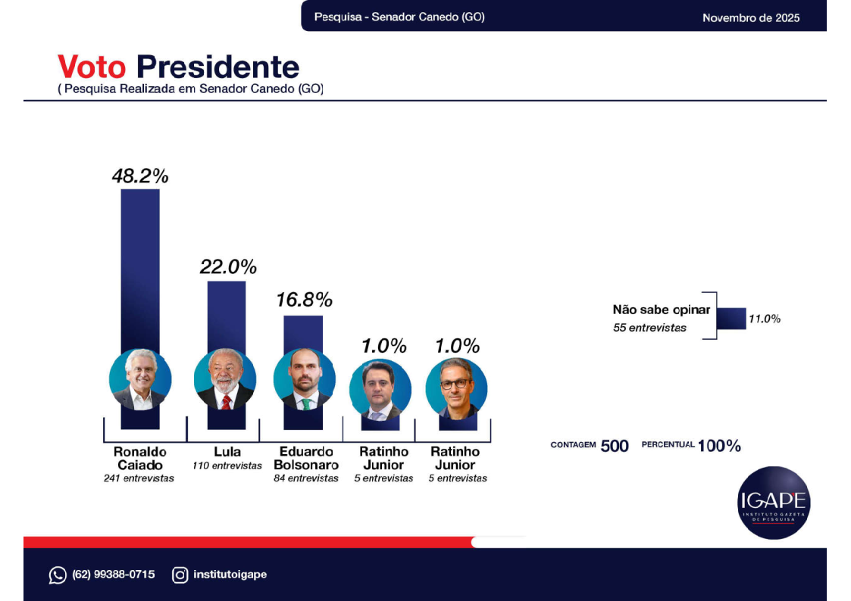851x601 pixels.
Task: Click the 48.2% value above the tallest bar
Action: point(140,176)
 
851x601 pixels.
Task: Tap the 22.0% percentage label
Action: point(228,266)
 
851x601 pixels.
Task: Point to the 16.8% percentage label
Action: point(304,300)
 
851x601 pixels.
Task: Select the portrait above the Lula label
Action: point(225,380)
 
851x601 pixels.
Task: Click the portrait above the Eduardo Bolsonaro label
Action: point(304,380)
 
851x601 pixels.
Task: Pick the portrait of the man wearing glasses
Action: point(456,388)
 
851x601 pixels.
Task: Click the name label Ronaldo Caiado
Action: point(140,458)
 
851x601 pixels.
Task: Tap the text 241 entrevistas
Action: point(139,478)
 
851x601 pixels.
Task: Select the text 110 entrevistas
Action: point(227,466)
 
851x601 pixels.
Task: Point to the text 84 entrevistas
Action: point(306,478)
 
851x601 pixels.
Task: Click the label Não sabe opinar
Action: point(662,310)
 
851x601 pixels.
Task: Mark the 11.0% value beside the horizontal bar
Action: point(764,319)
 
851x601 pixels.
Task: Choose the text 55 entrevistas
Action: point(649,328)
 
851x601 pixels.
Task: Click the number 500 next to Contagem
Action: point(615,446)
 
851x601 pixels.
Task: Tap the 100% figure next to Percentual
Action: point(719,446)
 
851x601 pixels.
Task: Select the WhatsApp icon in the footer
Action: point(58,575)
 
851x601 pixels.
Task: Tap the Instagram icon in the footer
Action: point(180,575)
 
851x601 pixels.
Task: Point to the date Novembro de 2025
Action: point(750,17)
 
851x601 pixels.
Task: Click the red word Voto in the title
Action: point(92,67)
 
